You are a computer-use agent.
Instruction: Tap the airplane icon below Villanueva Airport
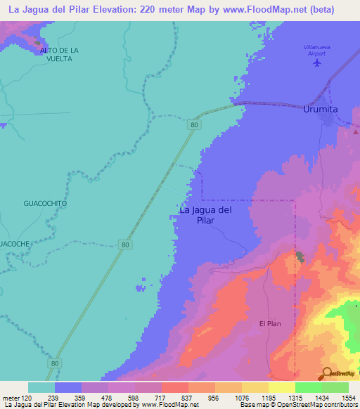[x=317, y=63]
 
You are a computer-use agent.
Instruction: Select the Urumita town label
[x=323, y=110]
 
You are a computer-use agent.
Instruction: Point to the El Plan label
[x=271, y=323]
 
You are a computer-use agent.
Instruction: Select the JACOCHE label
[x=15, y=243]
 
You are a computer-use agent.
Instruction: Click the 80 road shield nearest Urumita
[x=193, y=124]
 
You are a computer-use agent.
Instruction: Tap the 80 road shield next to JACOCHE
[x=124, y=244]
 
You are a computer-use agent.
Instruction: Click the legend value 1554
[x=348, y=398]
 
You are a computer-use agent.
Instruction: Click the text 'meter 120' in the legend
[x=16, y=398]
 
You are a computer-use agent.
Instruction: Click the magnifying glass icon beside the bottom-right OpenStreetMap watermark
[x=328, y=372]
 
